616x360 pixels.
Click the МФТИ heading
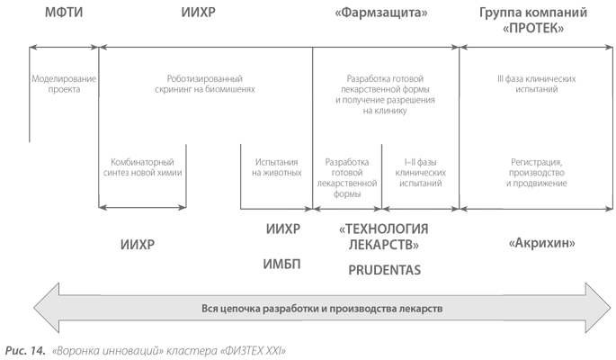coord(64,13)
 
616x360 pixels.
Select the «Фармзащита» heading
coord(381,13)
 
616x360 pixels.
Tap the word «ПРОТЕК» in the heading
coord(533,28)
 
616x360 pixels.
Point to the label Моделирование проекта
coord(64,84)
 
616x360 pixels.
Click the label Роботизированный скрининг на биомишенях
coord(205,84)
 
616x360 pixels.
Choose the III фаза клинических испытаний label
coord(537,84)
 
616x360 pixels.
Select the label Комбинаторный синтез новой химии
coord(142,167)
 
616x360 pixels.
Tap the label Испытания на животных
coord(277,167)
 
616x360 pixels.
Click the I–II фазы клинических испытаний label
coord(420,173)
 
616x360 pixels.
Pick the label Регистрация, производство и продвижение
coord(537,173)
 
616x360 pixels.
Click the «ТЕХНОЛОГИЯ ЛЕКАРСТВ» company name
coord(383,237)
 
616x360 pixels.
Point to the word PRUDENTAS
coord(385,270)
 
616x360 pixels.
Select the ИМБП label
coord(281,264)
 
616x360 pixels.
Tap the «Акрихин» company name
coord(541,243)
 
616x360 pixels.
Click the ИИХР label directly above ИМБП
coord(283,229)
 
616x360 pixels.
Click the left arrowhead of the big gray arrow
coord(47,308)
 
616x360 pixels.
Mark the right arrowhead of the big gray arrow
coord(598,308)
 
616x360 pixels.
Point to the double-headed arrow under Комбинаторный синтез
coord(142,208)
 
